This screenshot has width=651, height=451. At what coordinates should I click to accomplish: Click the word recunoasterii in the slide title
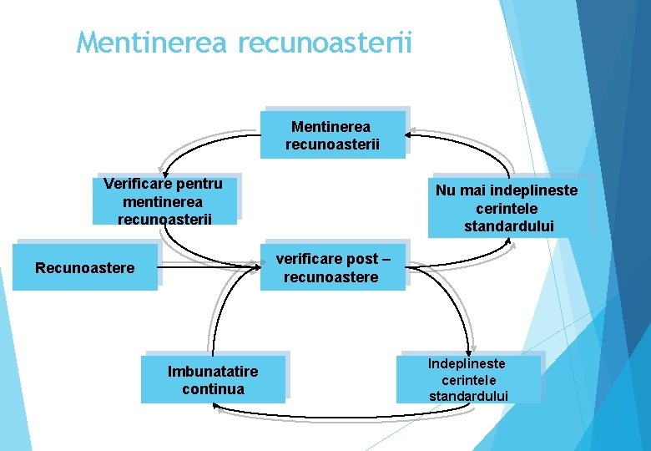pyautogui.click(x=325, y=42)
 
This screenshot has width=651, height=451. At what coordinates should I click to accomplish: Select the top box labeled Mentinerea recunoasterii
pyautogui.click(x=333, y=135)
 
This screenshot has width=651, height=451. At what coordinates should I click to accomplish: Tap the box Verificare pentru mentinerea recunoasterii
pyautogui.click(x=164, y=200)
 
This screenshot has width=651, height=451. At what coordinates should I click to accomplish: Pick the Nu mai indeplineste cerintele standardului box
pyautogui.click(x=507, y=207)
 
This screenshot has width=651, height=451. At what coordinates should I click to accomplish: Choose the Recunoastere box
pyautogui.click(x=84, y=267)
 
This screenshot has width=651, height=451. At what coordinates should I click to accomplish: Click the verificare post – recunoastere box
pyautogui.click(x=331, y=267)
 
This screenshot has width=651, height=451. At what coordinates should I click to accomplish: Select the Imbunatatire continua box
pyautogui.click(x=212, y=380)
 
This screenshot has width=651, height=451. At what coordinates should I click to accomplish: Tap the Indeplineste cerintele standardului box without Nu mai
pyautogui.click(x=467, y=379)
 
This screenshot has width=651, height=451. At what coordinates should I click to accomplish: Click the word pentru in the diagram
pyautogui.click(x=199, y=183)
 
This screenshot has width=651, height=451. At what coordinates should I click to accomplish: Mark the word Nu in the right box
pyautogui.click(x=446, y=190)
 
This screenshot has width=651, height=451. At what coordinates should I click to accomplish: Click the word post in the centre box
pyautogui.click(x=360, y=258)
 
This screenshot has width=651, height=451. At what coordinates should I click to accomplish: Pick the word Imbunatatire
pyautogui.click(x=213, y=371)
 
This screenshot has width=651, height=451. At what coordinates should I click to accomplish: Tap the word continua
pyautogui.click(x=213, y=389)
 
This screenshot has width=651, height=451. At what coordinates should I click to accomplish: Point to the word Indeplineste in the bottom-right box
pyautogui.click(x=467, y=363)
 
